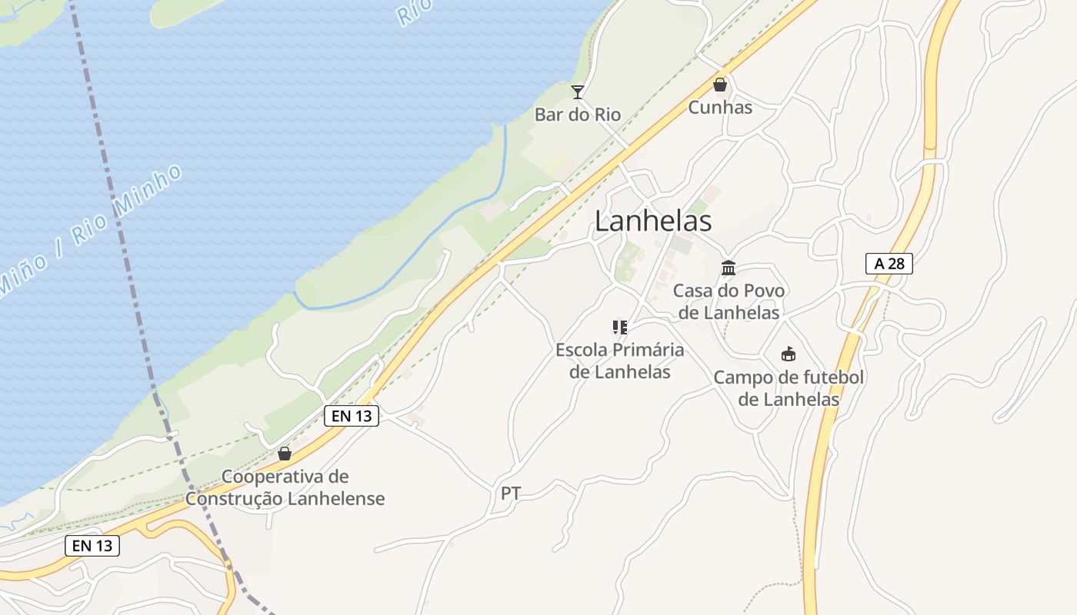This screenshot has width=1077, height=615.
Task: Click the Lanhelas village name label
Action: coord(653,221)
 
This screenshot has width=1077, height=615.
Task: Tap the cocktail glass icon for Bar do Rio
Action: coord(578,92)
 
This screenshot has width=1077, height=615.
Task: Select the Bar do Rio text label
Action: coord(578,115)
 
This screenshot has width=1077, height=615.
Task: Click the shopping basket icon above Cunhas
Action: coord(720,85)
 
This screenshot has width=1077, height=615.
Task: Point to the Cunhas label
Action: coord(720,107)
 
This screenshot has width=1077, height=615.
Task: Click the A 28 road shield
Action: coord(889,264)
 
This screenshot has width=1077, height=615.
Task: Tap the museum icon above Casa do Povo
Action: coord(729,268)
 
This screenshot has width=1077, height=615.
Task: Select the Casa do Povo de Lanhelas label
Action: coord(729,301)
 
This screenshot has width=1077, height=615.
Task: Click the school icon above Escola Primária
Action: coord(620,327)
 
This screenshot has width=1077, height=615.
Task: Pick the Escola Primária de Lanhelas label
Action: coord(620,361)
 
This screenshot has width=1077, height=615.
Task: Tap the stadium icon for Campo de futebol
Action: coord(789,354)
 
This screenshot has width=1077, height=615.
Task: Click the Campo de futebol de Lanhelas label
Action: coord(789,388)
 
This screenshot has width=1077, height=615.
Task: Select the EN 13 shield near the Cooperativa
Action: coord(352,416)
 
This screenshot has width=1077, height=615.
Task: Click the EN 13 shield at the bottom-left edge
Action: coord(92,546)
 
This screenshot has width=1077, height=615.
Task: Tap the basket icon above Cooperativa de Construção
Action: coord(285,454)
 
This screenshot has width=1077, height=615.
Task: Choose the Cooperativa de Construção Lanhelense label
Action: coord(285,487)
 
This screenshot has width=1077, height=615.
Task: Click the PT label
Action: coord(511,494)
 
